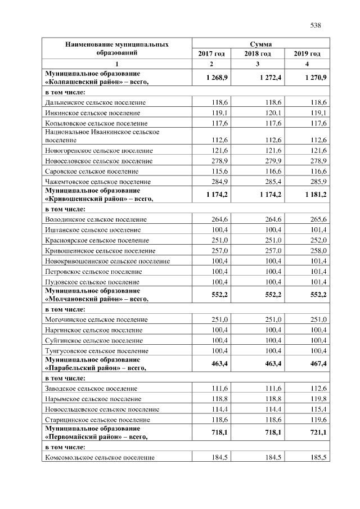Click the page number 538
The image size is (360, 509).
[315, 25]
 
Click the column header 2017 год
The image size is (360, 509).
[211, 53]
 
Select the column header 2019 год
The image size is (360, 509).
[307, 53]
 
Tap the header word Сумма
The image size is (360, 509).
[260, 43]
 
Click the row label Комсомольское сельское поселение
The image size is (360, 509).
[100, 457]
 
